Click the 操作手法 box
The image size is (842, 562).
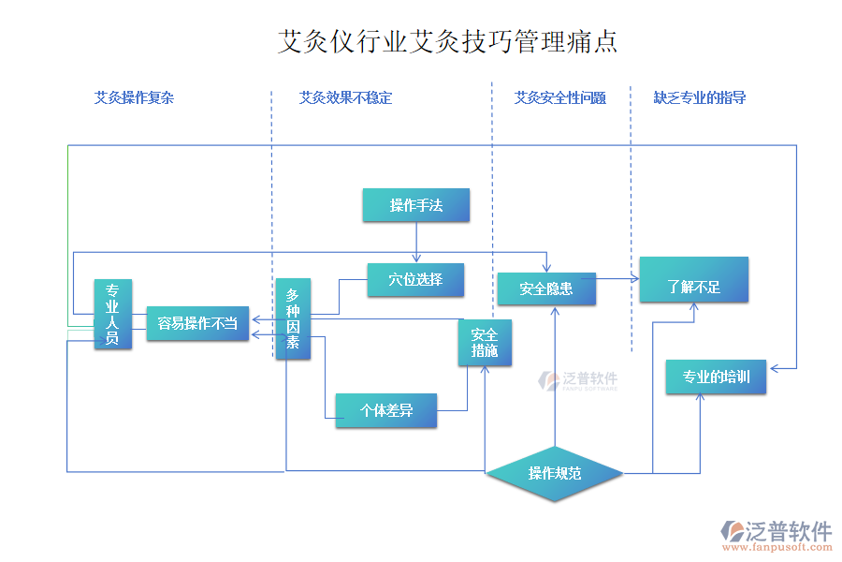click(x=415, y=205)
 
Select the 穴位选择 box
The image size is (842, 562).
click(x=415, y=279)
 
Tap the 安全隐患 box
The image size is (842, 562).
click(x=546, y=288)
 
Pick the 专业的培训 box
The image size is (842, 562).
click(x=716, y=377)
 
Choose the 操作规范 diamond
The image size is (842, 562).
click(x=555, y=473)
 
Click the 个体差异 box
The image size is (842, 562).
click(x=385, y=410)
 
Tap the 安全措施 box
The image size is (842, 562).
click(x=485, y=343)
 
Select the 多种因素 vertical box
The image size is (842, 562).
click(x=293, y=318)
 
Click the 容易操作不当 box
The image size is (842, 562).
click(x=196, y=323)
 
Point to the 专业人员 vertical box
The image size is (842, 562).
click(x=112, y=314)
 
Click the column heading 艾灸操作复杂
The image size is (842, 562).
click(x=134, y=97)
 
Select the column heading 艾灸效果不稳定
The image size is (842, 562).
click(x=345, y=97)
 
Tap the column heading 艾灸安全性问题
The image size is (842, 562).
click(x=559, y=97)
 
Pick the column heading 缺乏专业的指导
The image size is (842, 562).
click(x=699, y=97)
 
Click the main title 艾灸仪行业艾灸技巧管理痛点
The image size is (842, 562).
click(x=447, y=42)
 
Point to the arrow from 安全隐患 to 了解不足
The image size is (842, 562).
click(x=617, y=278)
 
